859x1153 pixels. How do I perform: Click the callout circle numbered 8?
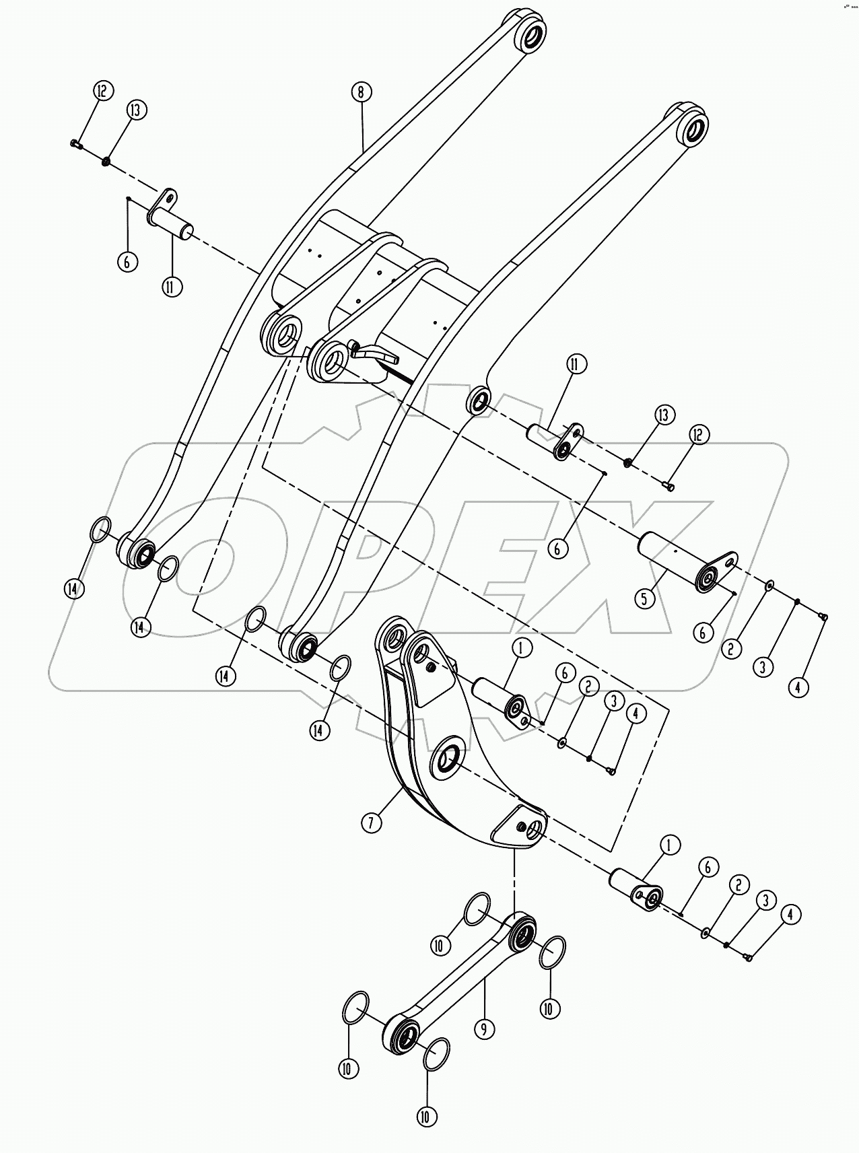click(x=361, y=92)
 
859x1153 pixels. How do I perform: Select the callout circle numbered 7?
click(x=372, y=822)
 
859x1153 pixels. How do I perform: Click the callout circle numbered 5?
click(x=645, y=598)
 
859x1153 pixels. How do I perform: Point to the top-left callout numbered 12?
click(x=103, y=91)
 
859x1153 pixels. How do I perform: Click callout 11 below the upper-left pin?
click(x=172, y=286)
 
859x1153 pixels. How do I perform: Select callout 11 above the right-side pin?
click(x=576, y=365)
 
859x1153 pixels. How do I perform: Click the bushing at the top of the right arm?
click(x=694, y=128)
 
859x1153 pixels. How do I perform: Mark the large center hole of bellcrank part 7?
click(x=447, y=760)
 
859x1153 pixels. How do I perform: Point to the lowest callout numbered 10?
click(x=426, y=1117)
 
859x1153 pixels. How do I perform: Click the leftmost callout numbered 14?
click(x=73, y=588)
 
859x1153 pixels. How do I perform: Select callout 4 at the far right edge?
click(x=798, y=687)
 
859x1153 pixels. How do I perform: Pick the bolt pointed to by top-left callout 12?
click(x=75, y=143)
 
